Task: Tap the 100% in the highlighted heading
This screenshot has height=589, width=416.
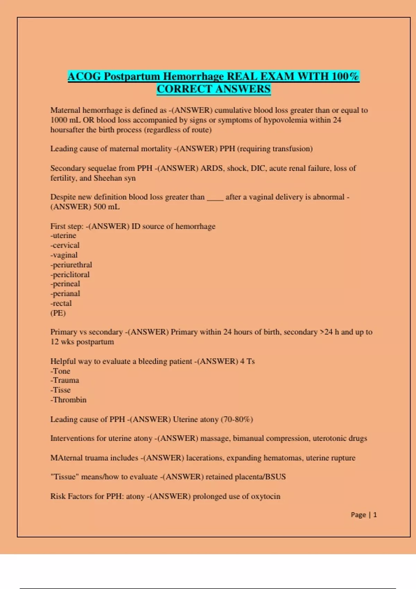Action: point(345,76)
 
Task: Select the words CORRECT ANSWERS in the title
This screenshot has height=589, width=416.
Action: point(214,89)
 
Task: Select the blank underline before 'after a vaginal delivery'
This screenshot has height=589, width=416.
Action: point(215,197)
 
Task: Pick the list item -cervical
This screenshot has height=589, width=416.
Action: point(65,245)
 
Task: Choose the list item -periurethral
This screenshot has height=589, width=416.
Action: point(71,265)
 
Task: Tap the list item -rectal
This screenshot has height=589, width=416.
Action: point(61,304)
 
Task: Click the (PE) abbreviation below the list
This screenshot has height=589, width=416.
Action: point(58,313)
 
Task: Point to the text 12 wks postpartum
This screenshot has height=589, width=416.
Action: point(82,342)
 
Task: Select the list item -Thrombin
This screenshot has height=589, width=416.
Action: point(68,400)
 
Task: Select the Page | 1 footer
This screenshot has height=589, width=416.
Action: point(364,515)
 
